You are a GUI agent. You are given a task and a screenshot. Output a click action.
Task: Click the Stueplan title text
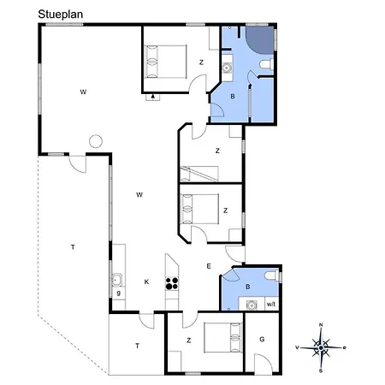coord(61,15)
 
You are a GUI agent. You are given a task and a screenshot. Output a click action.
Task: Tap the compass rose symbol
coord(321,347)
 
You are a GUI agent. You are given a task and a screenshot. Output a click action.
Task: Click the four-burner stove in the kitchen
coord(172,284)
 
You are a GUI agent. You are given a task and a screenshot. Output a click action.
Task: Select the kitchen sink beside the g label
coord(117,280)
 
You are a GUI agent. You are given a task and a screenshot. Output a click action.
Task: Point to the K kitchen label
coord(146,282)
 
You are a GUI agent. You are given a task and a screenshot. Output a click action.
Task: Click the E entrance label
coord(209,266)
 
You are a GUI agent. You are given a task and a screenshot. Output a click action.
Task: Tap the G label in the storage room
coord(262,340)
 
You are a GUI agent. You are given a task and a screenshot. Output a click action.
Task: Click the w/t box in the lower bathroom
coord(271,304)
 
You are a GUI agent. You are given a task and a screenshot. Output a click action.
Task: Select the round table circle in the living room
coord(96,141)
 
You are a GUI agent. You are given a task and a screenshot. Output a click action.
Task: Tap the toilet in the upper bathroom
coord(267,64)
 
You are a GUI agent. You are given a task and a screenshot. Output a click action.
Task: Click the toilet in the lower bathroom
coord(272,276)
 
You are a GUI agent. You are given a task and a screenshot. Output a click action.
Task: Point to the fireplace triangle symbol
coord(153,97)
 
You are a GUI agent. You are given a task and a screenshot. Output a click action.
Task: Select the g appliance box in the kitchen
coord(119,293)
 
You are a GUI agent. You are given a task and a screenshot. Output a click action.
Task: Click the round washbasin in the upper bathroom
coord(227,68)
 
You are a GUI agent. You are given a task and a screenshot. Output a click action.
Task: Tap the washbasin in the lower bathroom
coord(252,305)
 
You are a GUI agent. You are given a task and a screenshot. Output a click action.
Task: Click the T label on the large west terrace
coord(73,247)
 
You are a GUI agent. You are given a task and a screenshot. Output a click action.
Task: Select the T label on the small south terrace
coord(137,346)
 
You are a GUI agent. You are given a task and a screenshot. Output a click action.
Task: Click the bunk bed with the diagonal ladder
coord(199,174)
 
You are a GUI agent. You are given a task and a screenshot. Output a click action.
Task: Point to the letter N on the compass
coord(321,325)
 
